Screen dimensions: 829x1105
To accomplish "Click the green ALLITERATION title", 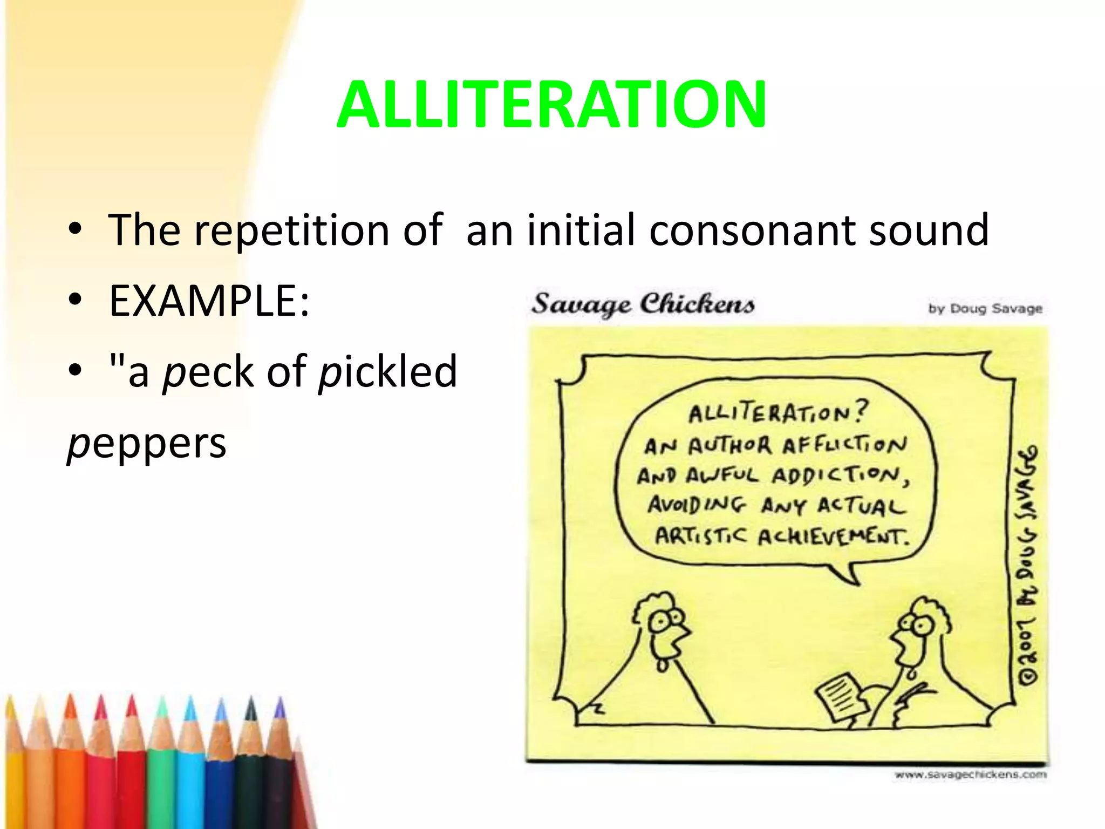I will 551,105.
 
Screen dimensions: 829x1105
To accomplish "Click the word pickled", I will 387,372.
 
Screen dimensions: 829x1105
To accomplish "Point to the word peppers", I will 147,444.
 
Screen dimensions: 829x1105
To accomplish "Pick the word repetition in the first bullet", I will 291,230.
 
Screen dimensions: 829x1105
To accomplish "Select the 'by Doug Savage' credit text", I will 985,309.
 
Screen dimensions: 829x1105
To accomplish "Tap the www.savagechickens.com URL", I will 970,775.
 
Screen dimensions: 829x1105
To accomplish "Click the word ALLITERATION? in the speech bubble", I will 777,413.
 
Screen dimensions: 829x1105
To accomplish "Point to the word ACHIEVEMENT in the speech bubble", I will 834,537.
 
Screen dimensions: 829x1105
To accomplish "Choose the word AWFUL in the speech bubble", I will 723,476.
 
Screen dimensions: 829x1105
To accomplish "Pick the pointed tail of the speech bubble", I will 847,575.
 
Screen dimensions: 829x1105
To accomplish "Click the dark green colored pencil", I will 250,766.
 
